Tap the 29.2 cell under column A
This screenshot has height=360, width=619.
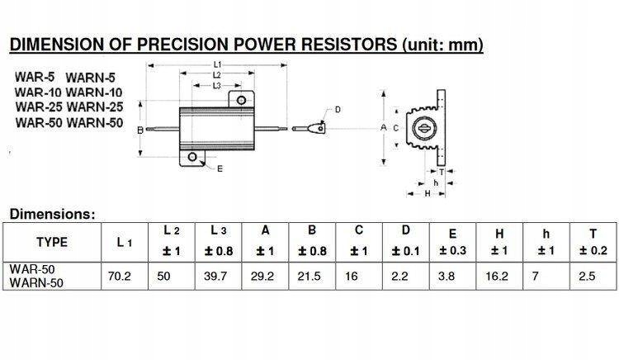coord(264,276)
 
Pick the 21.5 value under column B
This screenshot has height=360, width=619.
coord(311,276)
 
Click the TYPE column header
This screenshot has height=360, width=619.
coord(52,242)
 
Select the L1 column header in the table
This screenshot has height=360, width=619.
coord(124,242)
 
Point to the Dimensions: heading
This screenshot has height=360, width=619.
coord(52,214)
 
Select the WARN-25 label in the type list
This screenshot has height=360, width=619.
coord(94,108)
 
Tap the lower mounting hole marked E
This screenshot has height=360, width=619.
coord(192,157)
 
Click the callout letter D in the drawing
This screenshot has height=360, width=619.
coord(338,110)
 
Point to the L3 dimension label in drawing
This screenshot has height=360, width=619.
coord(216,85)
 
